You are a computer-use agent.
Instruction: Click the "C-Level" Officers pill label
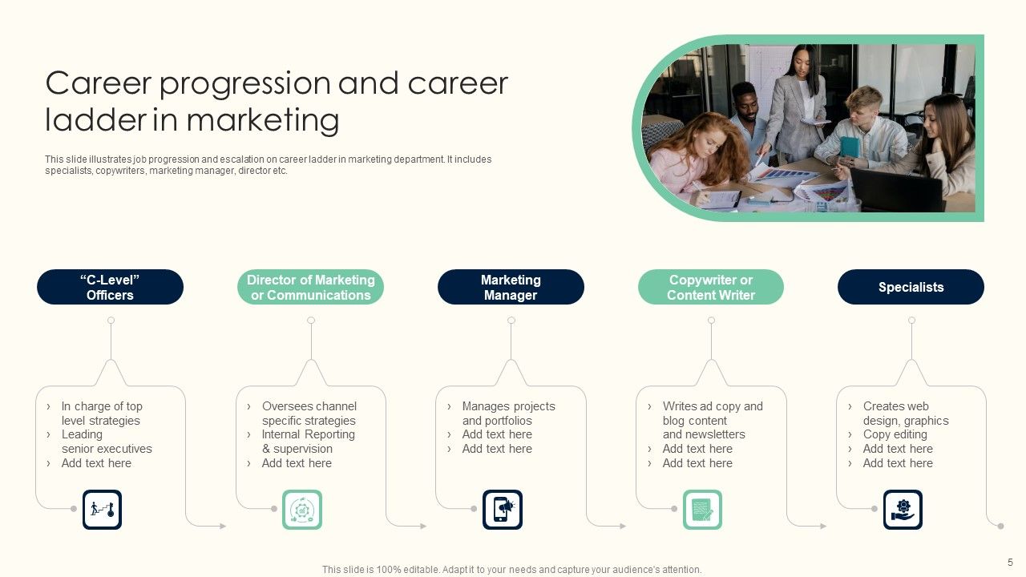click(110, 287)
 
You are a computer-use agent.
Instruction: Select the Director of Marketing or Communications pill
click(310, 287)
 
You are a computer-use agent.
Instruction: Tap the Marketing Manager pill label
click(511, 287)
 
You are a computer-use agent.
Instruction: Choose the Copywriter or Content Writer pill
click(711, 287)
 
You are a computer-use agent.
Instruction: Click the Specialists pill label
click(911, 287)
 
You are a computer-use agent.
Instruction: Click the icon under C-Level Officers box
click(102, 510)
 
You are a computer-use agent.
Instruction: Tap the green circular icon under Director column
click(302, 510)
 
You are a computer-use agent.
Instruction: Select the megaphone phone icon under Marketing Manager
click(503, 510)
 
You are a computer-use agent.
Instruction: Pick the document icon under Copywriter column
click(702, 510)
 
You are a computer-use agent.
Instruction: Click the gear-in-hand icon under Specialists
click(903, 510)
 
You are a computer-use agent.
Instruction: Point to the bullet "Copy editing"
click(895, 434)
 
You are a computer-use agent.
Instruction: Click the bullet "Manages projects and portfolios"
click(508, 414)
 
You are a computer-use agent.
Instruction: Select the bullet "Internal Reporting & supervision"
click(308, 442)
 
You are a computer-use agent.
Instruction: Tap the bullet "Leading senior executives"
click(106, 442)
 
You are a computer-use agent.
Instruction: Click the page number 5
click(1010, 562)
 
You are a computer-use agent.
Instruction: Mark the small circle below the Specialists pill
click(911, 321)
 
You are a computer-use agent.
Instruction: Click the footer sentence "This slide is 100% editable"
click(511, 570)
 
